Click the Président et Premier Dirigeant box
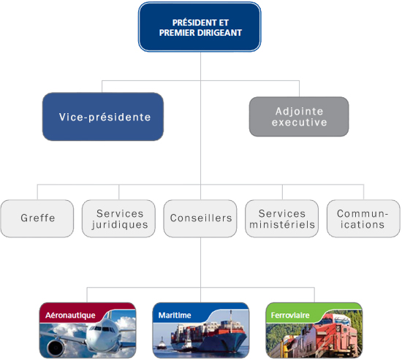coord(200,28)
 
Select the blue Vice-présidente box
coord(102,117)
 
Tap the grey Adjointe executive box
coord(299,117)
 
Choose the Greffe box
coord(37,218)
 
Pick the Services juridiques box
coord(118,218)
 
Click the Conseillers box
coord(200,218)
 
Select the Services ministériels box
coord(281,218)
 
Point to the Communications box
coord(363,218)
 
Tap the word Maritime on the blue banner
coord(175,315)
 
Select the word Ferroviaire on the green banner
coord(290,315)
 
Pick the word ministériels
coord(281,225)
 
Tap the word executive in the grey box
coord(299,123)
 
